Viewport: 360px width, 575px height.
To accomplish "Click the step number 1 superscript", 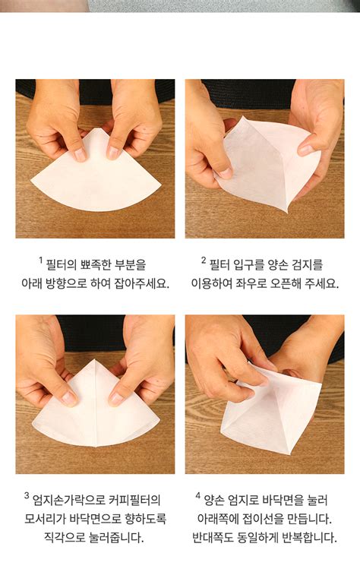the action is (x=41, y=260).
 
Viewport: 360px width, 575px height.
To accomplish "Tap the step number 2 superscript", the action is (x=204, y=260).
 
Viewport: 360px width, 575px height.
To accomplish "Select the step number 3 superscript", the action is (x=27, y=495).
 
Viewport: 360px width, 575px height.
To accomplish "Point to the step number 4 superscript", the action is (x=198, y=495).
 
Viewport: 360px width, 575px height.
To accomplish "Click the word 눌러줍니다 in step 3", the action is (x=116, y=538).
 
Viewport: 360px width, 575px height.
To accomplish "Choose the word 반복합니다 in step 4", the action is (x=309, y=538).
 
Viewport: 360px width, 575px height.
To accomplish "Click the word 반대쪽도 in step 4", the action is (x=213, y=538).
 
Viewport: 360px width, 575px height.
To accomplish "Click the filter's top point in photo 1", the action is (x=96, y=128).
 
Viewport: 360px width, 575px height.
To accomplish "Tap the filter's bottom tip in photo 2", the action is (x=286, y=212).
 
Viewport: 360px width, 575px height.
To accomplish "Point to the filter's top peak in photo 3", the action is (x=95, y=360).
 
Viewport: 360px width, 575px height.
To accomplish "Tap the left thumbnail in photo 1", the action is (x=79, y=154).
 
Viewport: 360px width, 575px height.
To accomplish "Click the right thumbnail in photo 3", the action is (x=116, y=399).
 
